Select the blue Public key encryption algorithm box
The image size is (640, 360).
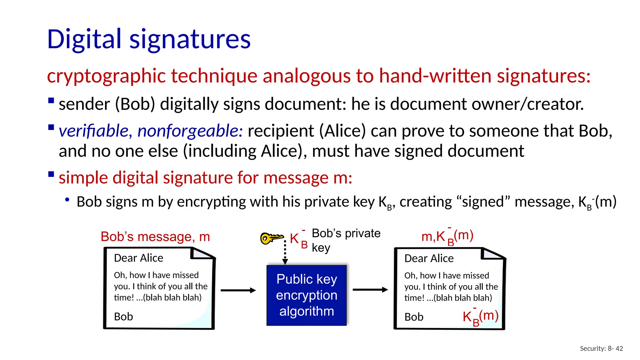pyautogui.click(x=307, y=295)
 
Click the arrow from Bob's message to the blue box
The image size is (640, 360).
pyautogui.click(x=238, y=290)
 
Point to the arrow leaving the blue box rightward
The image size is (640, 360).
pyautogui.click(x=370, y=290)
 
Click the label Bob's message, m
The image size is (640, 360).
pyautogui.click(x=155, y=237)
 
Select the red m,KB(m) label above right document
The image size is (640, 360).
pyautogui.click(x=447, y=236)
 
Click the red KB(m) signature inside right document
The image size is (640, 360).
pyautogui.click(x=480, y=317)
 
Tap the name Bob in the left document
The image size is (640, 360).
pyautogui.click(x=123, y=317)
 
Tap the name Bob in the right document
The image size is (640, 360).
pyautogui.click(x=414, y=317)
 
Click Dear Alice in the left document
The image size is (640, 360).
pyautogui.click(x=138, y=258)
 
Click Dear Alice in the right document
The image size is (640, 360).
pyautogui.click(x=429, y=258)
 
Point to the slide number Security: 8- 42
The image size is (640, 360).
pyautogui.click(x=601, y=348)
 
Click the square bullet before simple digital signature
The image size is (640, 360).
pyautogui.click(x=51, y=174)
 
